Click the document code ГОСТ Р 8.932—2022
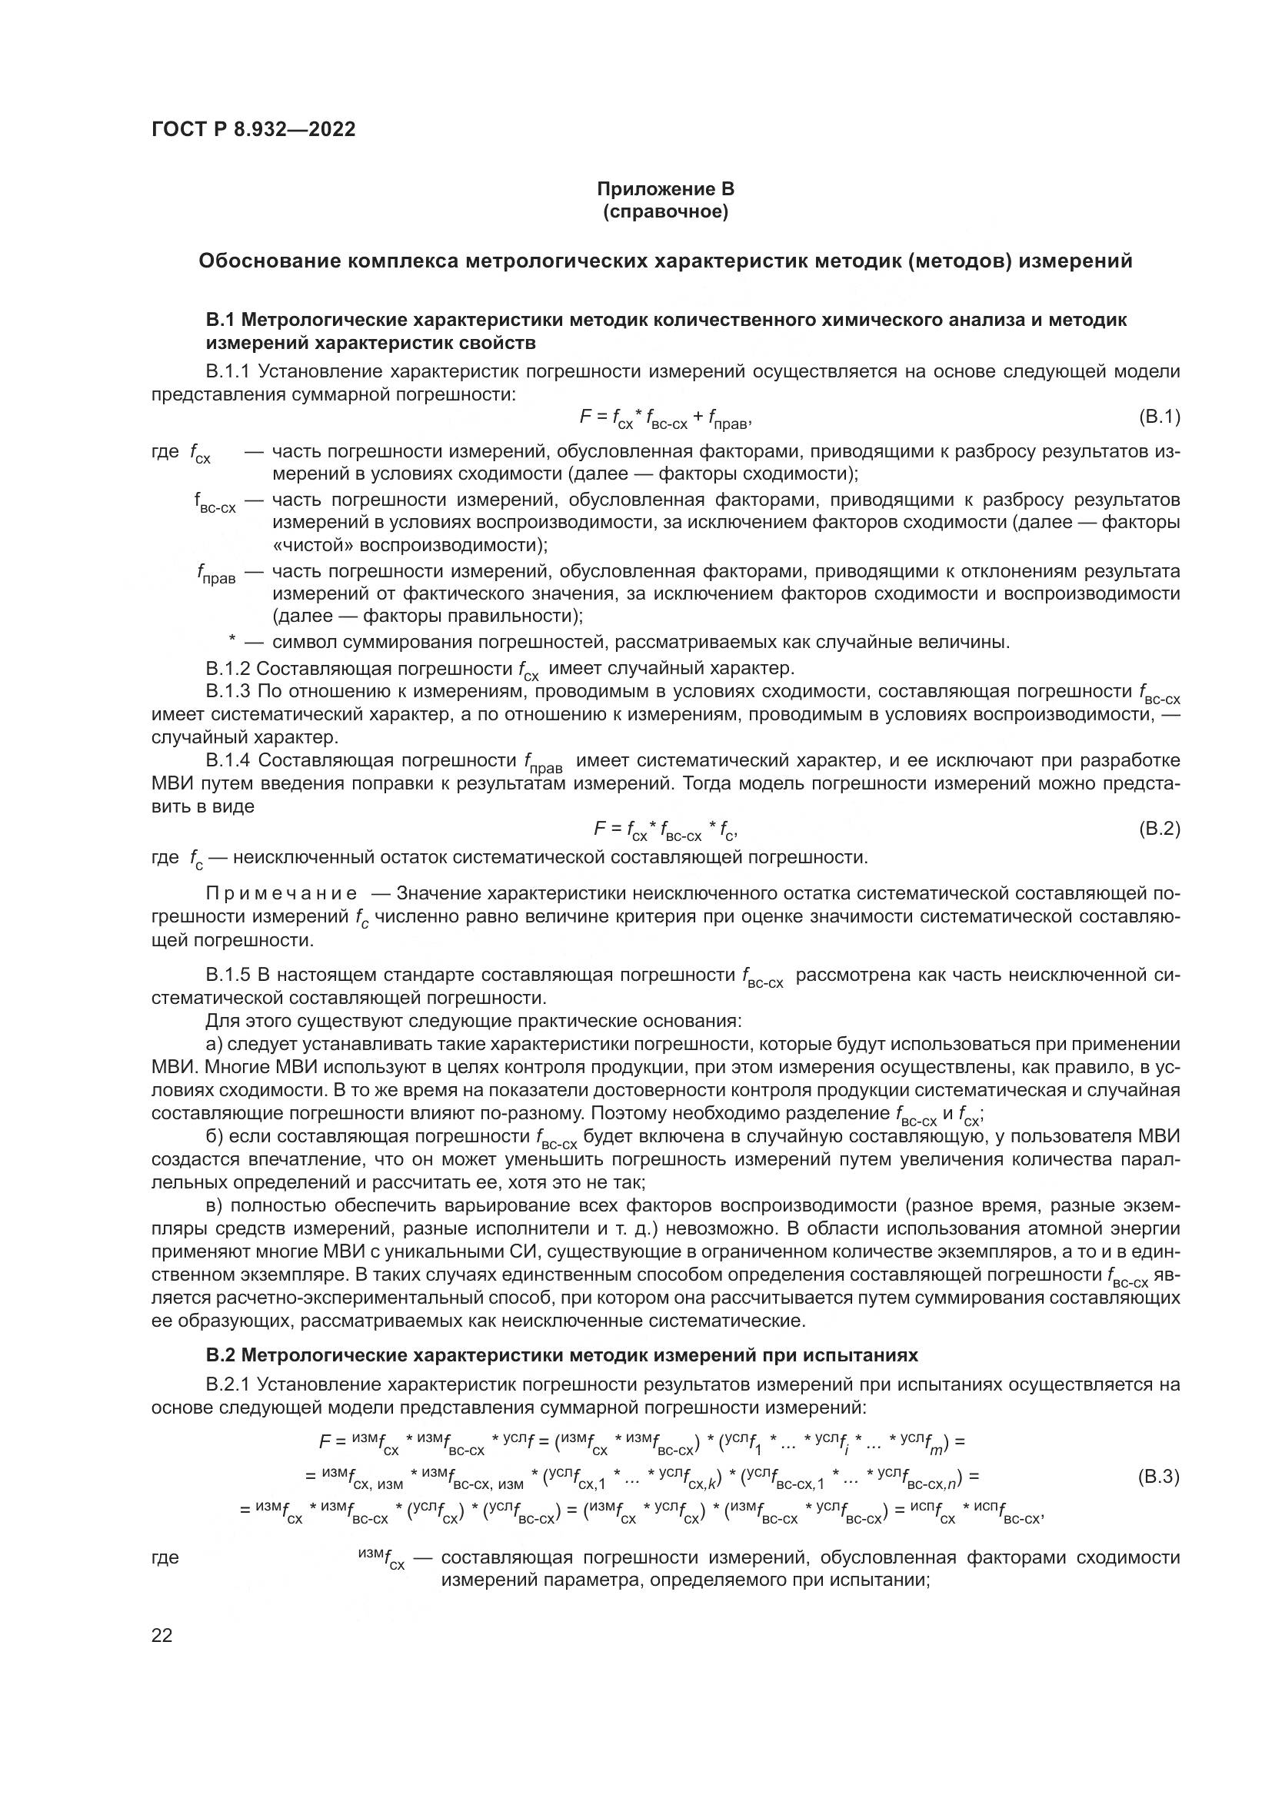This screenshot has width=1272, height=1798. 253,129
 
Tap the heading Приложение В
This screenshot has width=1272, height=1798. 666,189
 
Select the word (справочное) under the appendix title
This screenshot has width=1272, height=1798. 666,212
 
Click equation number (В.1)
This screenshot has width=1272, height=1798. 1158,417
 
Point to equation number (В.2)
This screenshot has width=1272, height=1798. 1158,829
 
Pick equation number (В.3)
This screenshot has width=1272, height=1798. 1157,1477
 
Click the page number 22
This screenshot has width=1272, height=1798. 161,1635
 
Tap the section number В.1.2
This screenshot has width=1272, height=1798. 228,669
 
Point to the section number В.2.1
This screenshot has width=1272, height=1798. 227,1384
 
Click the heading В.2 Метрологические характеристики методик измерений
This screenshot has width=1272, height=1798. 561,1354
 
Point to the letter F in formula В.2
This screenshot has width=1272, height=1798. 600,828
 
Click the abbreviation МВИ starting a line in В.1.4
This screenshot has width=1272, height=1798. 171,784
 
